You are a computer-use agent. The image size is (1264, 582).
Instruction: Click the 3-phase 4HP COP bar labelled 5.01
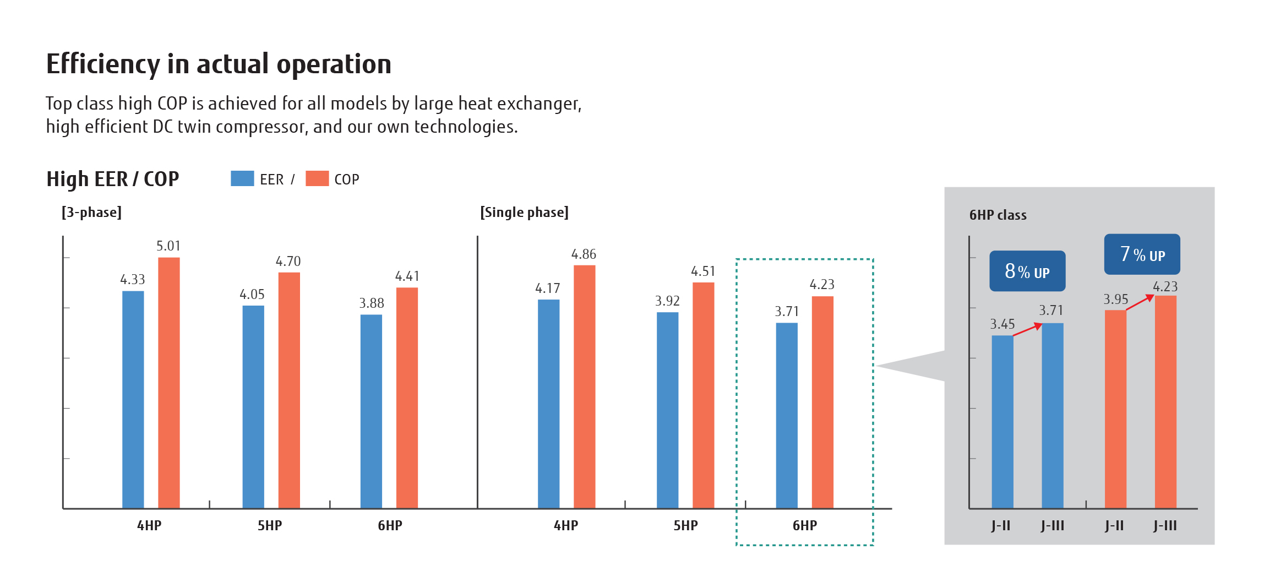[x=168, y=383]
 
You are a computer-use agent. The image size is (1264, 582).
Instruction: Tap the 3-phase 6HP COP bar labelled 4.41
[x=407, y=398]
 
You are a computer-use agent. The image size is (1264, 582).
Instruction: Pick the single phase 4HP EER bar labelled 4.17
[x=548, y=404]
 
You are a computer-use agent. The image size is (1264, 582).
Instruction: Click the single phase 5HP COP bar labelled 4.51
[x=703, y=395]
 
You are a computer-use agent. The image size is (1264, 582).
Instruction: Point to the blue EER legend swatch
[x=242, y=178]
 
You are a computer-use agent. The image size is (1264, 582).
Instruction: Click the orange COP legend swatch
[x=317, y=178]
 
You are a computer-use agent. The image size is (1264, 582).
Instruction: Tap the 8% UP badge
[x=1027, y=271]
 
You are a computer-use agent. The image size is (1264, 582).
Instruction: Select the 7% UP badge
[x=1142, y=254]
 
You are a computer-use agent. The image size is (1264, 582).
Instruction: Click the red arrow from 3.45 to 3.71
[x=1027, y=330]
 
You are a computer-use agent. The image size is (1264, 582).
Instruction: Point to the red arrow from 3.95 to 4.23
[x=1140, y=302]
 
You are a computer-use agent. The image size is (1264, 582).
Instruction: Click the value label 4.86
[x=584, y=254]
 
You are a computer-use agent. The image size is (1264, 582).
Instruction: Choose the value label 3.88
[x=372, y=303]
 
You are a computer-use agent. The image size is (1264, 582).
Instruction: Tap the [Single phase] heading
[x=524, y=213]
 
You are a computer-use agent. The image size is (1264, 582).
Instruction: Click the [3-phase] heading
[x=91, y=213]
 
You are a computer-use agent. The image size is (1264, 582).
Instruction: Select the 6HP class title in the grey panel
[x=998, y=215]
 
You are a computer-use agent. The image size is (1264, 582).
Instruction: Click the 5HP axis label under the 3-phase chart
[x=270, y=526]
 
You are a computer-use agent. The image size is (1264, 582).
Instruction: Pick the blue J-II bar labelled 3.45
[x=1002, y=421]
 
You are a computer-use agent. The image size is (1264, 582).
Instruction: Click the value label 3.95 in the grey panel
[x=1115, y=300]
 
